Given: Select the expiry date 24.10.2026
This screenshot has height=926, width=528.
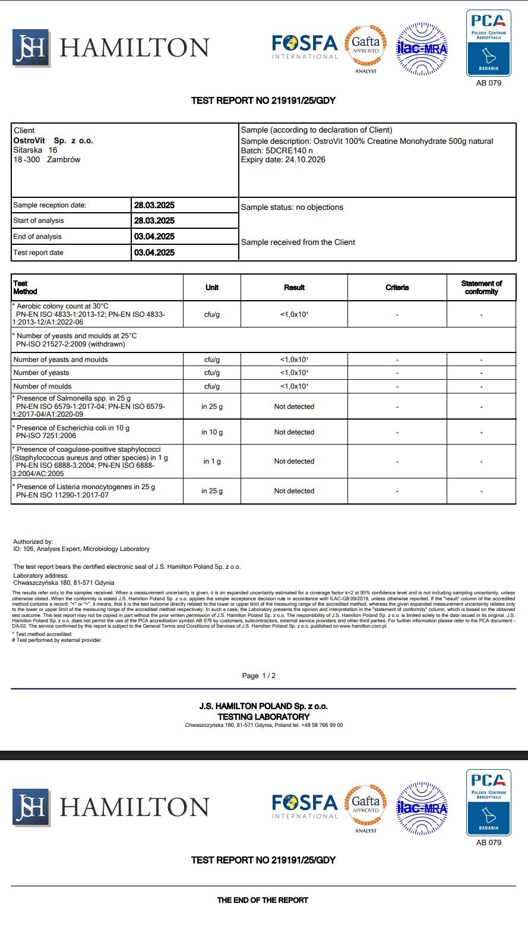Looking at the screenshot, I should (304, 159).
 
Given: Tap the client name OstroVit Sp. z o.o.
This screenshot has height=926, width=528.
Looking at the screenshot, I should (53, 140).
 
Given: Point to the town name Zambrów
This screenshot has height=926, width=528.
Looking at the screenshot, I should (64, 159).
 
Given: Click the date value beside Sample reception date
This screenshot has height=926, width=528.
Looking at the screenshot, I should (154, 205).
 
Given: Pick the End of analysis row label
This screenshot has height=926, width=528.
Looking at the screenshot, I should (37, 237).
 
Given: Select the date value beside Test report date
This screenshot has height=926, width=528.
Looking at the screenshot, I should (154, 253).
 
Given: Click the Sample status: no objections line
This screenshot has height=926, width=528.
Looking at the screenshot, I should (292, 207).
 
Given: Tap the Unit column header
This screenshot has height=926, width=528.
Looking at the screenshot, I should (212, 288).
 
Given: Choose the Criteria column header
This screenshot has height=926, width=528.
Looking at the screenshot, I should (397, 288).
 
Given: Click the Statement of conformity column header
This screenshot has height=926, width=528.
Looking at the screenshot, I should (481, 288).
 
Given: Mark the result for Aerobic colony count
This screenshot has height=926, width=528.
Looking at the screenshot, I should (294, 314).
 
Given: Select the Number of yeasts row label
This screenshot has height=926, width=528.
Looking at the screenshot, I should (41, 373).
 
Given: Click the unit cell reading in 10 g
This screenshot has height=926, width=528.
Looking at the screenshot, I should (212, 432).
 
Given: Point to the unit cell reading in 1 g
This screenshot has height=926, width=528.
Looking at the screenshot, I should (212, 461).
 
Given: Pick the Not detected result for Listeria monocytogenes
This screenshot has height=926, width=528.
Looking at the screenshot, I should (294, 491).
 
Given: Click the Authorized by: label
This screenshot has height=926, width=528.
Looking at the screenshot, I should (33, 541).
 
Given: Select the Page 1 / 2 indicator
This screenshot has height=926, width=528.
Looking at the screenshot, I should (259, 676).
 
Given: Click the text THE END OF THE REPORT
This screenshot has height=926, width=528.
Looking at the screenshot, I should (263, 900).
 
